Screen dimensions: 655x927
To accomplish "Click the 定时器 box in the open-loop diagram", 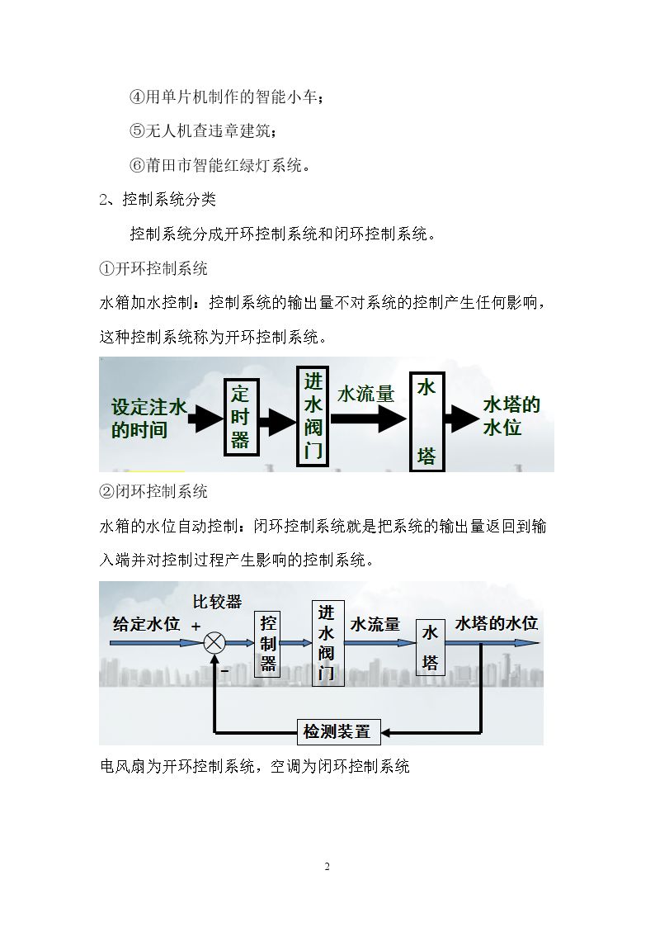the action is click(241, 418).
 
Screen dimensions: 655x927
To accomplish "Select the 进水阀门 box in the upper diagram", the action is click(313, 416).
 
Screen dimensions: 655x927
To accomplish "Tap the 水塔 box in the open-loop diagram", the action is click(426, 422).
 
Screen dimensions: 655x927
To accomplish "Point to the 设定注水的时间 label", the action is click(148, 418).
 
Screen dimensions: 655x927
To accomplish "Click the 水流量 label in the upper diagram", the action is click(365, 394).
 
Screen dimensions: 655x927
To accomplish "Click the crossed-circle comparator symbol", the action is click(214, 643).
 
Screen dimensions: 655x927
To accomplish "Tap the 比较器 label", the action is click(217, 602).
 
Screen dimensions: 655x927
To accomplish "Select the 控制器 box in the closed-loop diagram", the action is click(268, 643).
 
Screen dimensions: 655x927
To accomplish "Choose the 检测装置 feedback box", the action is click(338, 732).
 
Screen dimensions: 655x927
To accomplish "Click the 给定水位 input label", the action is click(147, 624).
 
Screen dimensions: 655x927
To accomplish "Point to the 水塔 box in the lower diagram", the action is click(430, 648).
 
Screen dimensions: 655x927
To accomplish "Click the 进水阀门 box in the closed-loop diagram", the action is click(327, 643).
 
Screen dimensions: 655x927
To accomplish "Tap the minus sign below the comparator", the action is click(224, 671).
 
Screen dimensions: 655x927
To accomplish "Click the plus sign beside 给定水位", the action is click(196, 626).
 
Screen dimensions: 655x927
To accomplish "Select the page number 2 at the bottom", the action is click(327, 867).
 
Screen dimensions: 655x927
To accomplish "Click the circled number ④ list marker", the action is click(137, 97).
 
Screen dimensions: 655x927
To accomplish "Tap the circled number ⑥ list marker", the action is click(137, 165).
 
